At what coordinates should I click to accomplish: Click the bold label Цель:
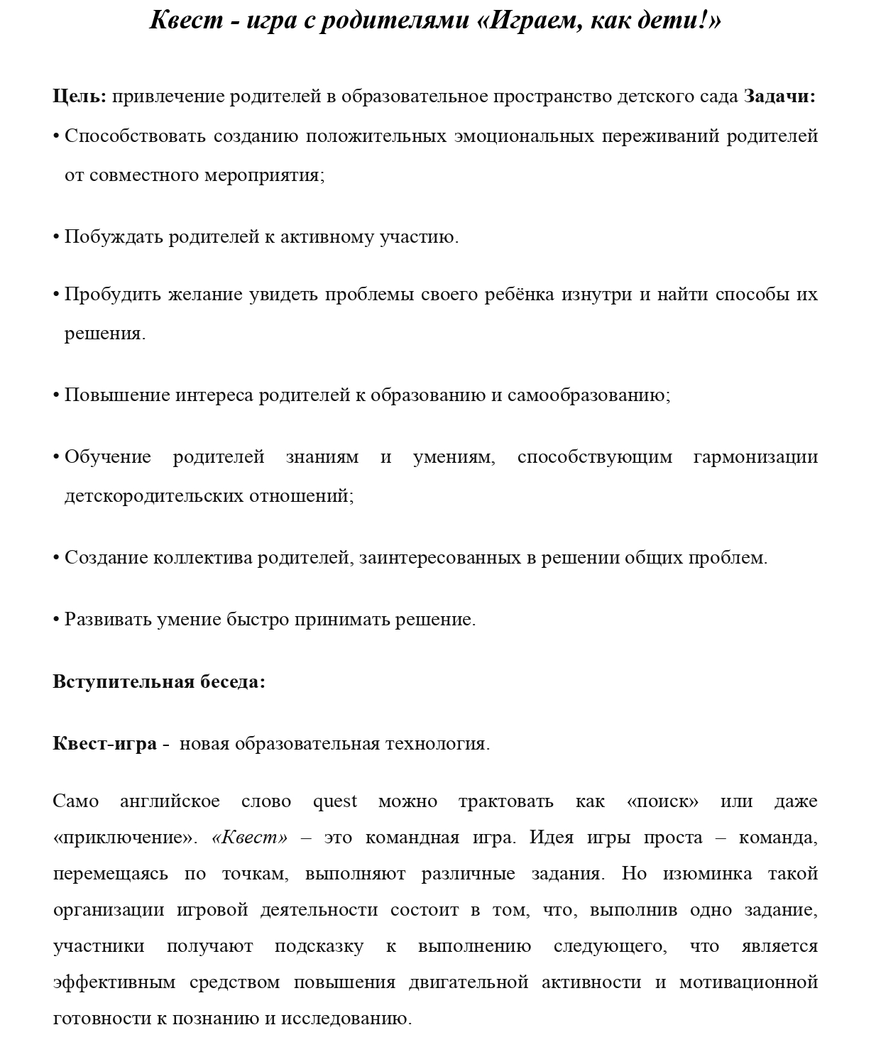(x=80, y=97)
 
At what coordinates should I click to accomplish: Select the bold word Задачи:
(x=779, y=97)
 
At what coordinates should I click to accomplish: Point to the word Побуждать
(x=114, y=236)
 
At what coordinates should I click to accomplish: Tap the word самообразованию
(x=589, y=395)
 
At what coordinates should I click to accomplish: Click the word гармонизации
(x=755, y=456)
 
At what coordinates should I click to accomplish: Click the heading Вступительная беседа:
(x=159, y=682)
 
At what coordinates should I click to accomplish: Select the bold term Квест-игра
(x=104, y=744)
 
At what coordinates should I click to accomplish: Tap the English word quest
(x=335, y=802)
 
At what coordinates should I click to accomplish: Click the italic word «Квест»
(x=250, y=838)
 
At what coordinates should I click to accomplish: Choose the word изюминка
(x=707, y=874)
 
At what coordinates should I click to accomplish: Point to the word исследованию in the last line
(x=346, y=1019)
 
